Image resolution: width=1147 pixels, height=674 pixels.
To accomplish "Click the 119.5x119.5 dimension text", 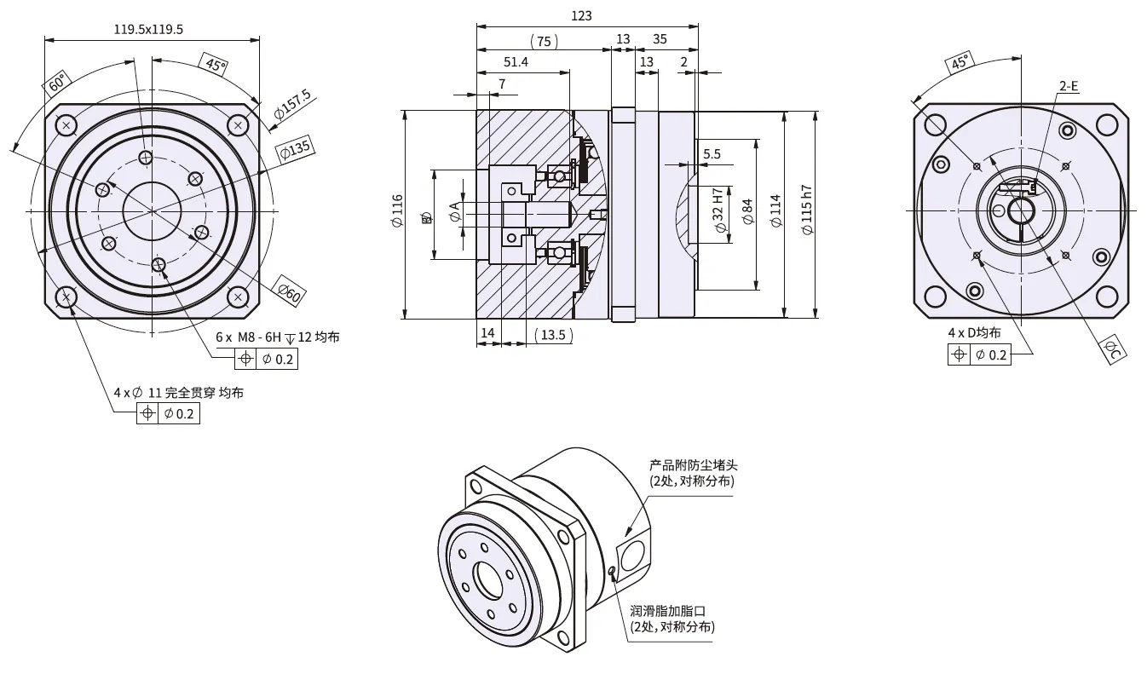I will point(148,29).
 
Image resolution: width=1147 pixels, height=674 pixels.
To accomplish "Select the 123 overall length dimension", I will point(581,16).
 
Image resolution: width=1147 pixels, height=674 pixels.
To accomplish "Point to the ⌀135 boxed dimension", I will point(296,148).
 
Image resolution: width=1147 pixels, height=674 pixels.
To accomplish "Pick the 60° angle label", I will point(56,84).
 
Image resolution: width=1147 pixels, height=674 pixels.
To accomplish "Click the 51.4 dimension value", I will point(516,62).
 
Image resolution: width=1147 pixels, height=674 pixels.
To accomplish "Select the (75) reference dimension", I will point(543,40).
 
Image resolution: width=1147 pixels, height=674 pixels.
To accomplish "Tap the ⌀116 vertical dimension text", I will point(396,211).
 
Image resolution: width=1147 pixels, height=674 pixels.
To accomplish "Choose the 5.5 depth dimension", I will point(712,154).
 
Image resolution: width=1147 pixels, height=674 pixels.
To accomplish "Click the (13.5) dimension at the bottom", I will point(553,334).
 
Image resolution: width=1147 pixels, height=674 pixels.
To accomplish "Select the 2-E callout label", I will point(1068,86).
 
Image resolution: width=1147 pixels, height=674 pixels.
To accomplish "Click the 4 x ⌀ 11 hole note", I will point(178,393).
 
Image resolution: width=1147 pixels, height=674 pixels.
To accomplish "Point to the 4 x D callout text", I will point(974,333).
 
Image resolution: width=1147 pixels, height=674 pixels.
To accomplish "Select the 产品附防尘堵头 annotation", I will point(693,465).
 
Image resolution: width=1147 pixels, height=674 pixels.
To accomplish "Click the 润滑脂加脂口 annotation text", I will point(668,611).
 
